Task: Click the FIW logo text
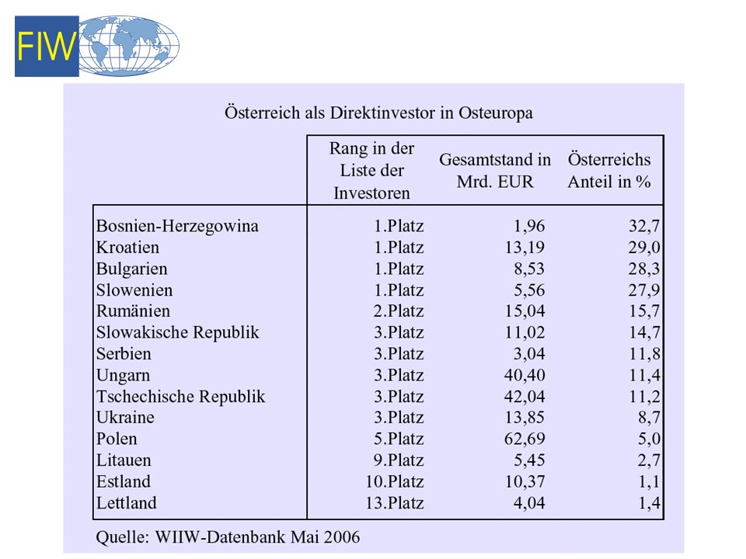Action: (x=47, y=46)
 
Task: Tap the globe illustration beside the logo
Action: (x=129, y=46)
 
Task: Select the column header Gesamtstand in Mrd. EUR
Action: (x=495, y=171)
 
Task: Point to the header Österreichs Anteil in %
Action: (x=609, y=171)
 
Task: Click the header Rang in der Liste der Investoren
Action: (x=371, y=171)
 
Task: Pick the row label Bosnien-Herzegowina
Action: (x=177, y=226)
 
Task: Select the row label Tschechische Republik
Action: (x=181, y=397)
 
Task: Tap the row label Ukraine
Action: (x=126, y=418)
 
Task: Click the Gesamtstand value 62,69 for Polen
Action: (x=525, y=439)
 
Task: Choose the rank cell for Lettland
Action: (x=395, y=503)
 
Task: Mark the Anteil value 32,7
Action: (x=644, y=226)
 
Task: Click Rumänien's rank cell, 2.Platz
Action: (x=399, y=311)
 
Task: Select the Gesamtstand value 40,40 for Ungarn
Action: (x=525, y=375)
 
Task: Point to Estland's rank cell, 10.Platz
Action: (x=395, y=481)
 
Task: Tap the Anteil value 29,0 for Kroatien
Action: (x=644, y=247)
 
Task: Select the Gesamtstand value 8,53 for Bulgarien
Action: (x=529, y=269)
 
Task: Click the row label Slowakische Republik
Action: (x=178, y=332)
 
